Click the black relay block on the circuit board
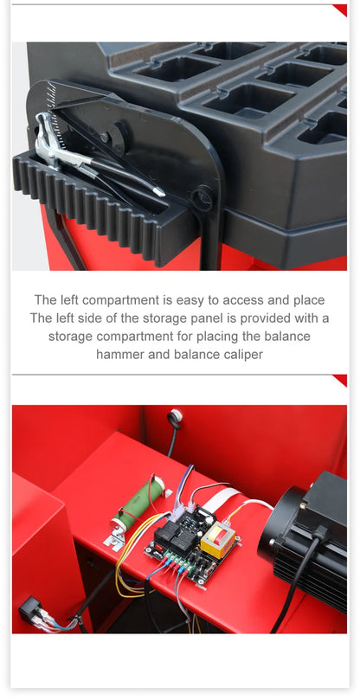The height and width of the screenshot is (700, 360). (171, 535)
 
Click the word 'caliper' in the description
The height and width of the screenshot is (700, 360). (242, 354)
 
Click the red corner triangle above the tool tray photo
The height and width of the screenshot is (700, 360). (339, 10)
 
